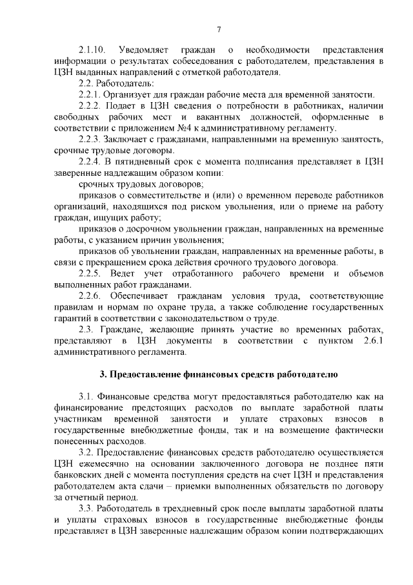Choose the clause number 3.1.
(x=86, y=398)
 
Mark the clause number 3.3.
(x=86, y=509)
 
